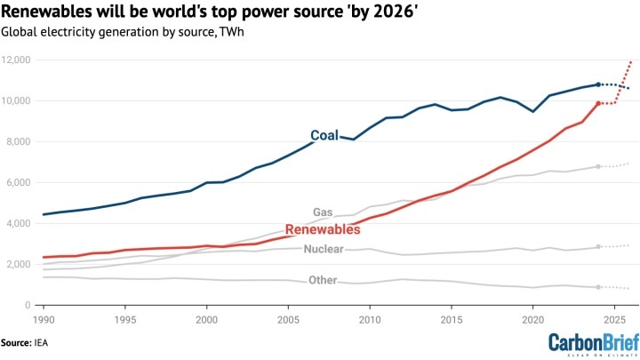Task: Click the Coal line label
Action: (x=324, y=136)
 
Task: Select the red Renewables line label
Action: (x=322, y=229)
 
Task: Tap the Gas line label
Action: (x=323, y=212)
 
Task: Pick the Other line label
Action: (x=323, y=281)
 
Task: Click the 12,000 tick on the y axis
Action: (x=17, y=60)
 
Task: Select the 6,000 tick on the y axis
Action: (x=20, y=182)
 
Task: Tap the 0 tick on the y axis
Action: (x=29, y=305)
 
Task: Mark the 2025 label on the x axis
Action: (x=614, y=318)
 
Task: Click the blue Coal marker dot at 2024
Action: (x=598, y=84)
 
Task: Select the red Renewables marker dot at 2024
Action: (x=598, y=103)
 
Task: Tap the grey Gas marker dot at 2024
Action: (x=598, y=166)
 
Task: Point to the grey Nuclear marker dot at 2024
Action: (x=598, y=246)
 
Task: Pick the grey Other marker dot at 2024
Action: (x=598, y=287)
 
